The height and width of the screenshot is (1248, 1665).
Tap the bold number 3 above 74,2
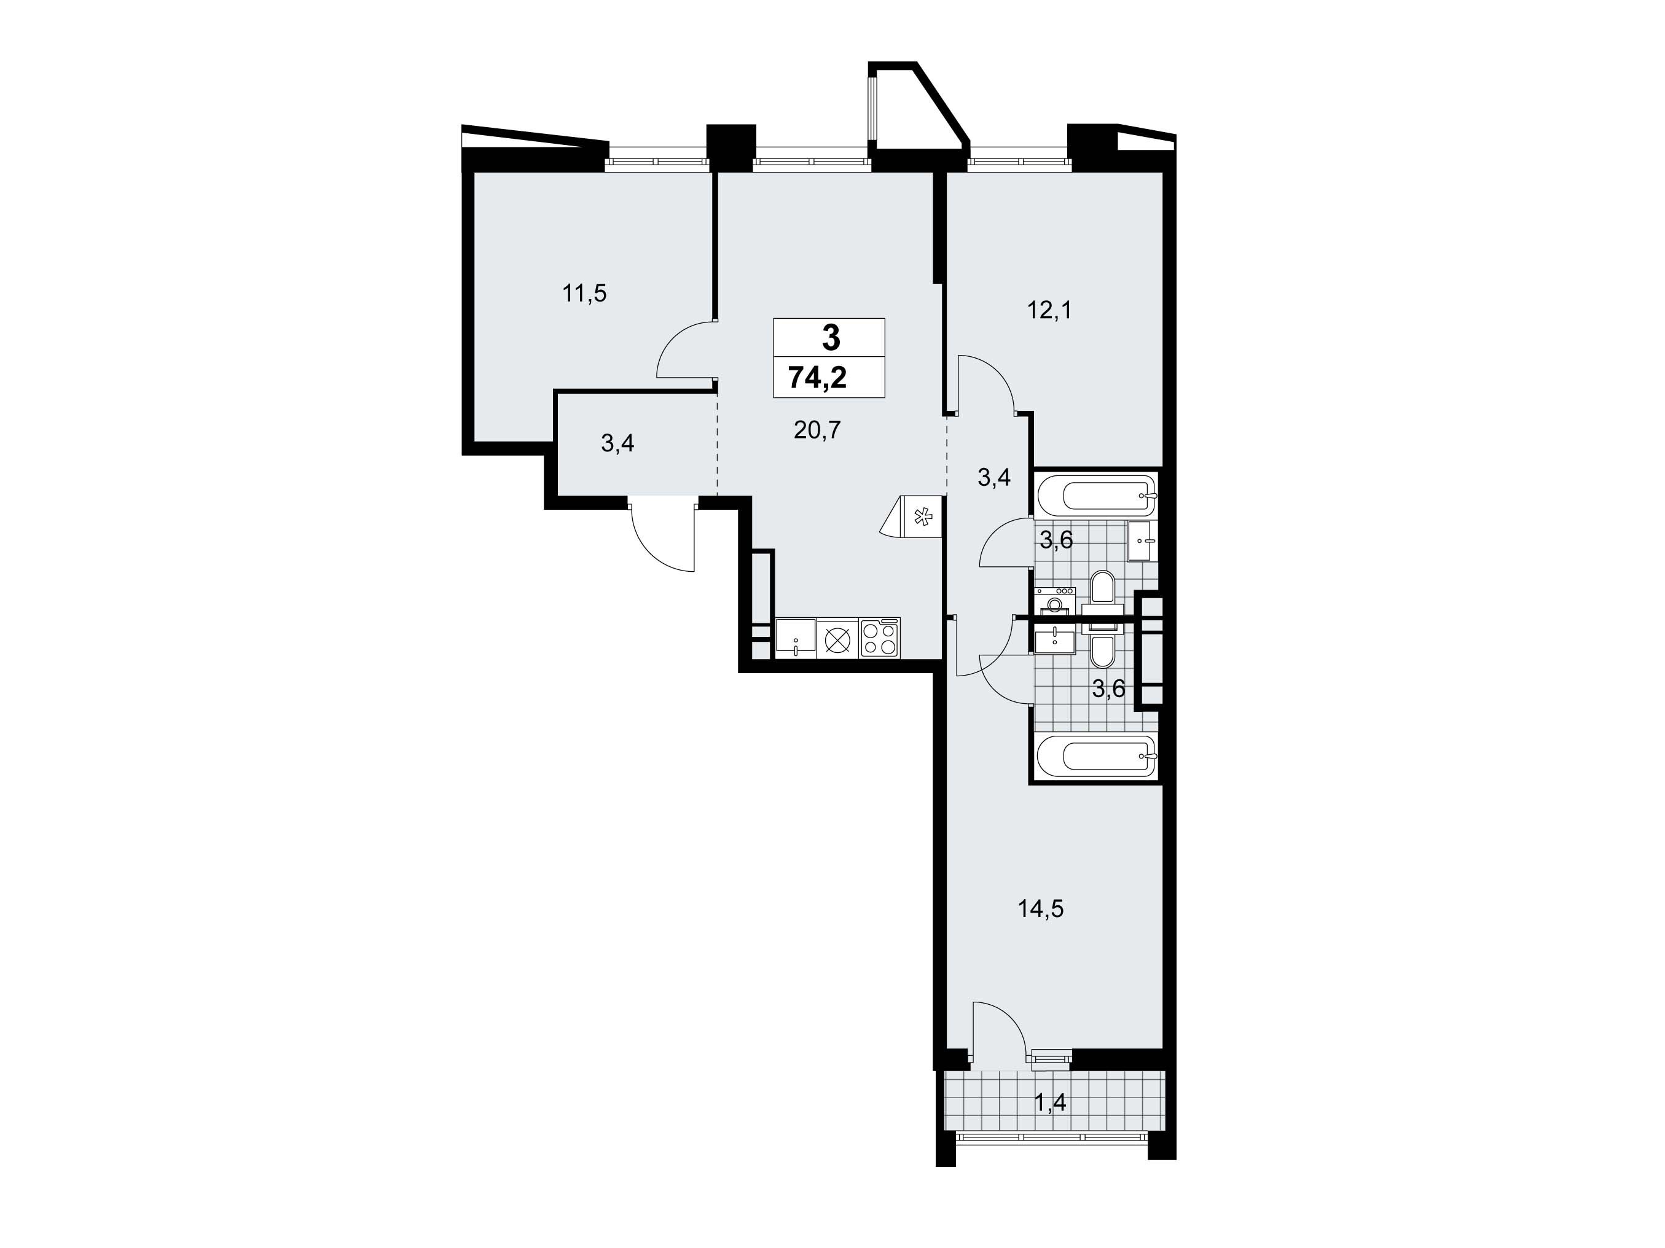[x=831, y=338]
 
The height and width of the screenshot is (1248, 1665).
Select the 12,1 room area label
[x=1049, y=310]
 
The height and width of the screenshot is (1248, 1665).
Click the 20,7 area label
[x=817, y=431]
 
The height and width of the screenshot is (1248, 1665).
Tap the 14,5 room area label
[x=1040, y=909]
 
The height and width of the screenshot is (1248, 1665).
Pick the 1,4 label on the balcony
[x=1050, y=1103]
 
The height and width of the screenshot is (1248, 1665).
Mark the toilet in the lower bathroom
[x=1102, y=645]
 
